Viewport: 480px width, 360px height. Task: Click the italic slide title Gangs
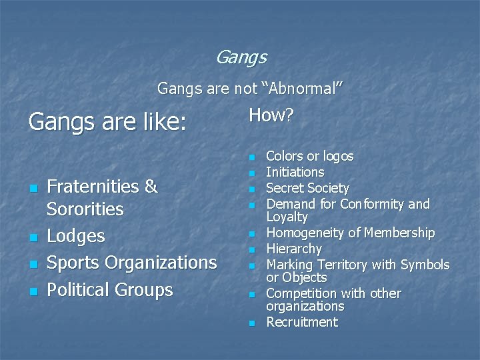[x=241, y=58]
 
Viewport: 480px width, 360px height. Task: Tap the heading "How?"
[x=271, y=115]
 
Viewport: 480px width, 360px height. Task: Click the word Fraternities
[x=94, y=187]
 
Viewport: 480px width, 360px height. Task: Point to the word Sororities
[x=85, y=209]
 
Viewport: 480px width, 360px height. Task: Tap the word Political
[x=80, y=289]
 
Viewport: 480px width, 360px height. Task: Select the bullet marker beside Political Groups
[x=32, y=291]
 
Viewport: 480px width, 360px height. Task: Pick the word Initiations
[x=295, y=172]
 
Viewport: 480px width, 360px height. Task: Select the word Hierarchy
[x=294, y=249]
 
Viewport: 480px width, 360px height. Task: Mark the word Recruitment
[x=302, y=323]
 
